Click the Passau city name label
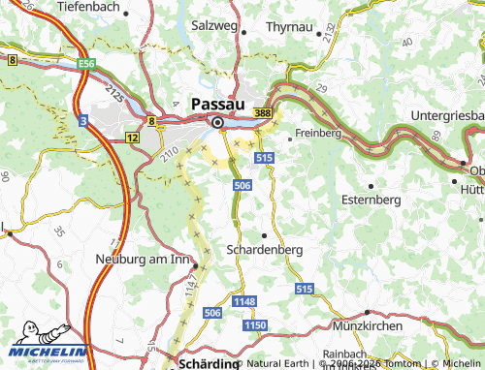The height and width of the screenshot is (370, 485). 217,104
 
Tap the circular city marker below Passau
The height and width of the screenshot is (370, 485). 218,122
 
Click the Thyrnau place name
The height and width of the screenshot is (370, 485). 290,26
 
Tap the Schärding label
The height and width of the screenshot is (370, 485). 209,363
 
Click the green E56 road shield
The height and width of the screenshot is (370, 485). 87,63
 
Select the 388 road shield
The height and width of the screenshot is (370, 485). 263,113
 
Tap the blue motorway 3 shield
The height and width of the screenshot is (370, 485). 84,119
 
